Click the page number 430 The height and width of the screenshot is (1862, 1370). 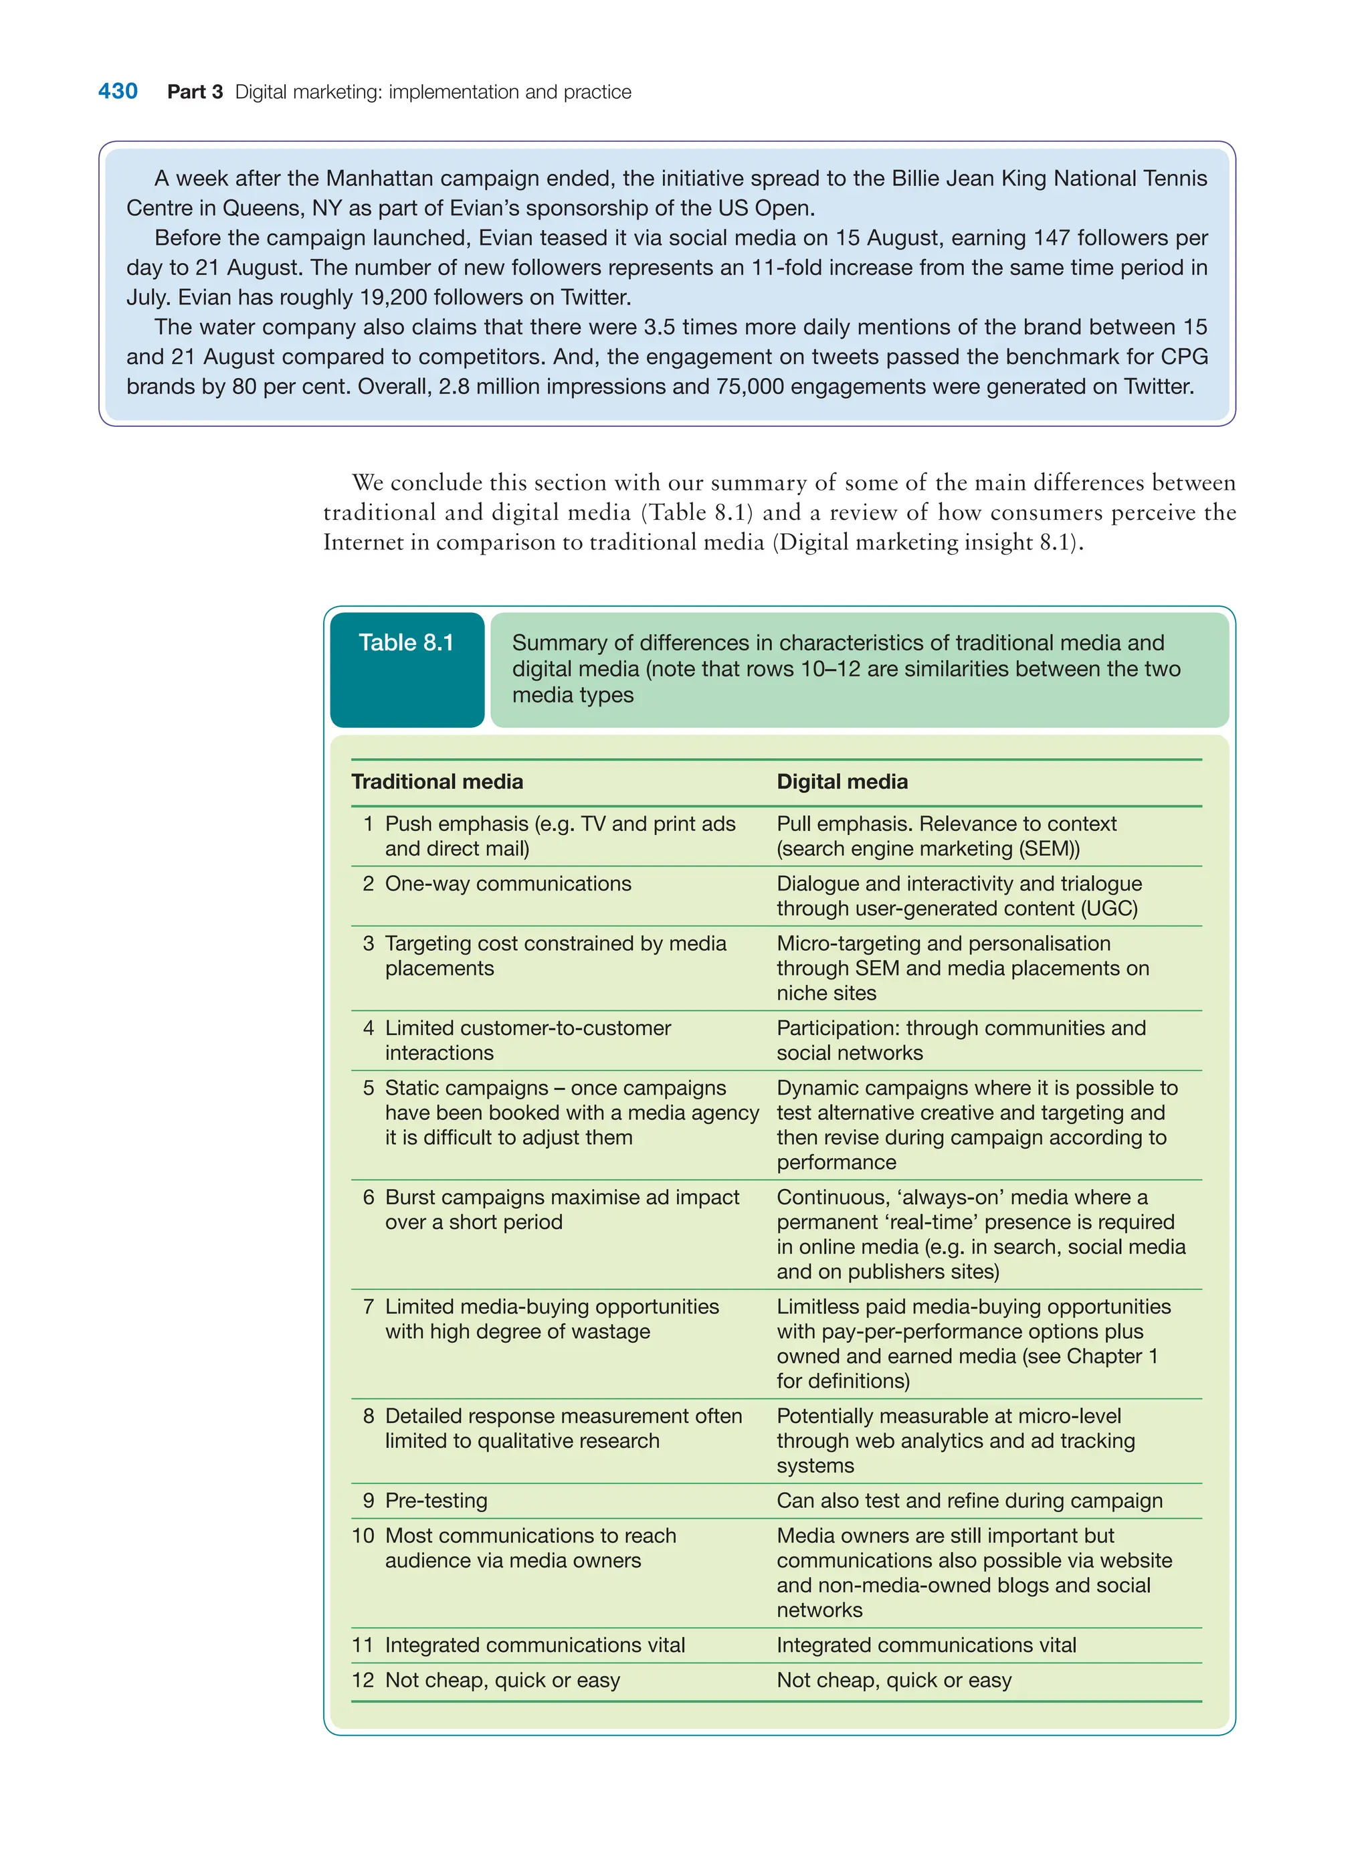click(x=118, y=91)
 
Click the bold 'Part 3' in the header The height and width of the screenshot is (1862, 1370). click(x=195, y=92)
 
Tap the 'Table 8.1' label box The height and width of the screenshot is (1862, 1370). click(x=406, y=668)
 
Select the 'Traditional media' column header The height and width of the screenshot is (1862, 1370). click(x=437, y=781)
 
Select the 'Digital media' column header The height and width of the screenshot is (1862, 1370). click(x=842, y=781)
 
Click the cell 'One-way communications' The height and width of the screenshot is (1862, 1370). click(x=508, y=883)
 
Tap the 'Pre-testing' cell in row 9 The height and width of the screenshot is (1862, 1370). click(x=436, y=1501)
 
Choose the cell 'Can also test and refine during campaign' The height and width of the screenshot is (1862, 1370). click(x=969, y=1501)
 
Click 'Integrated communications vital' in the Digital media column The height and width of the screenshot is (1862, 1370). click(x=926, y=1645)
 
